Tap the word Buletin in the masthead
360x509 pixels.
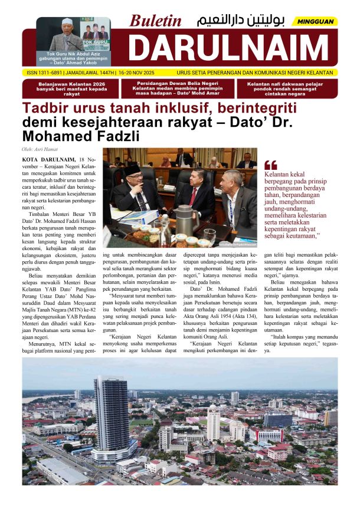pyautogui.click(x=156, y=21)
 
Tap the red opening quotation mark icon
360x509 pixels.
pyautogui.click(x=270, y=165)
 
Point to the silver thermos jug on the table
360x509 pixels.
pyautogui.click(x=184, y=222)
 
